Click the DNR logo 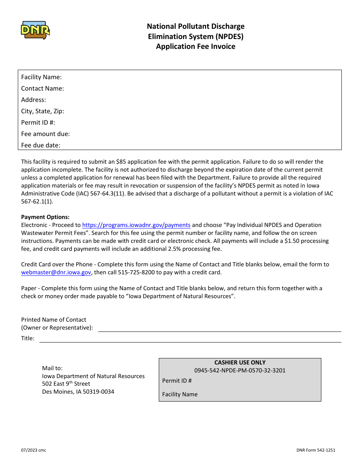point(35,30)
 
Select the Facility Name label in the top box point(41,77)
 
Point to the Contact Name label point(42,89)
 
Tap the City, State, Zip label point(42,111)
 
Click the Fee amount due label point(45,134)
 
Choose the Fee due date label point(41,145)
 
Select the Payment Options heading point(45,217)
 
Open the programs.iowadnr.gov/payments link point(136,225)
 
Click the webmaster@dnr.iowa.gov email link point(56,272)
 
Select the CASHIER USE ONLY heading point(240,363)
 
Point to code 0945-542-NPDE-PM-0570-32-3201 point(240,371)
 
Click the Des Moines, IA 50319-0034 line point(78,392)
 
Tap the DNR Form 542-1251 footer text point(316,450)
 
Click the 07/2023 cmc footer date point(34,450)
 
